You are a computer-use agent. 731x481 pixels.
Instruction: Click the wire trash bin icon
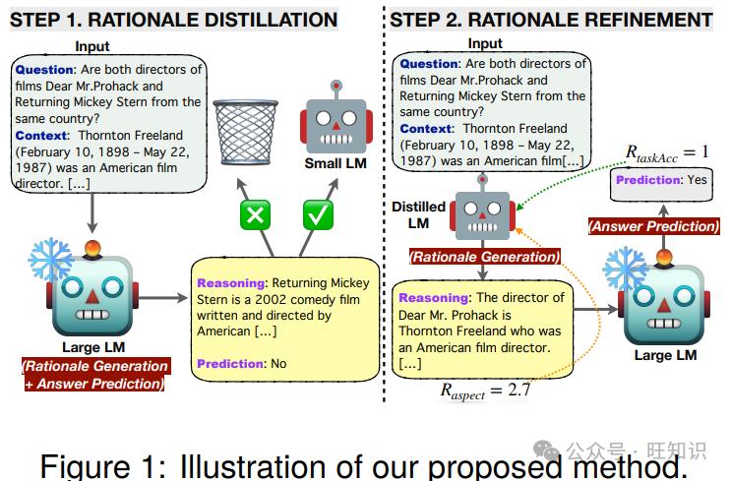[x=245, y=132]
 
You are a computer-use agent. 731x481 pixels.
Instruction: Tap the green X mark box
[x=255, y=214]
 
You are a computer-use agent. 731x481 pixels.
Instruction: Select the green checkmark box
[x=318, y=214]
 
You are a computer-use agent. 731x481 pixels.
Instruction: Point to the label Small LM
[x=335, y=163]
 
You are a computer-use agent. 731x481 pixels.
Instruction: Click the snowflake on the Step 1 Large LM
[x=50, y=259]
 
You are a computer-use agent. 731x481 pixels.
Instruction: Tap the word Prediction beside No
[x=228, y=364]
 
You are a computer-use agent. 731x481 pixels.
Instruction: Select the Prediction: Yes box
[x=661, y=185]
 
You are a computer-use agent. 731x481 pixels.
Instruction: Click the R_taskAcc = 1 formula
[x=667, y=153]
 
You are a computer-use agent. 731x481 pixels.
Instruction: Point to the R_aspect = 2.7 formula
[x=485, y=391]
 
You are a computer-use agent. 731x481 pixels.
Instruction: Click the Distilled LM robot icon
[x=482, y=209]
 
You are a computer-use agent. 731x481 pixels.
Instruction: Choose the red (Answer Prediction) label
[x=653, y=226]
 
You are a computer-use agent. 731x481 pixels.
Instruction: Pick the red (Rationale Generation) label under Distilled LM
[x=484, y=257]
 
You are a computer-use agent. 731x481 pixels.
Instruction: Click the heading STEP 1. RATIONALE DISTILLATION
[x=173, y=20]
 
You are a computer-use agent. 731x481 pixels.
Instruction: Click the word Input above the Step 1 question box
[x=92, y=46]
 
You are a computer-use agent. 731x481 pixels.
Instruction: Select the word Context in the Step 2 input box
[x=426, y=129]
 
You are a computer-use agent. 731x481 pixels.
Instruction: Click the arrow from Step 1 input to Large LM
[x=92, y=213]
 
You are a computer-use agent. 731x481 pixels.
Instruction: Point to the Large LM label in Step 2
[x=665, y=355]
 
